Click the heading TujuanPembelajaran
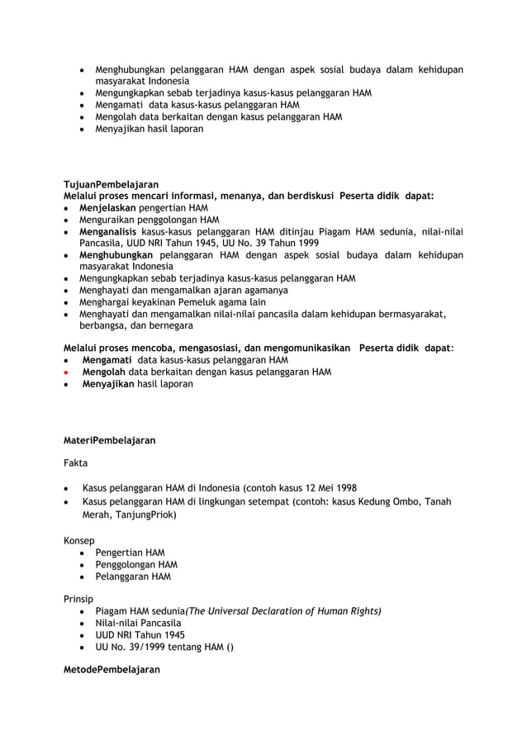[x=111, y=184]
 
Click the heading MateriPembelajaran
[x=110, y=441]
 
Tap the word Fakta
[x=76, y=464]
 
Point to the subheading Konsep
[x=79, y=541]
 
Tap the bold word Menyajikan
[x=108, y=384]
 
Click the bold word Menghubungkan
[x=117, y=255]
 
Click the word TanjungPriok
[x=145, y=514]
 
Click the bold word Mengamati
[x=108, y=360]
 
